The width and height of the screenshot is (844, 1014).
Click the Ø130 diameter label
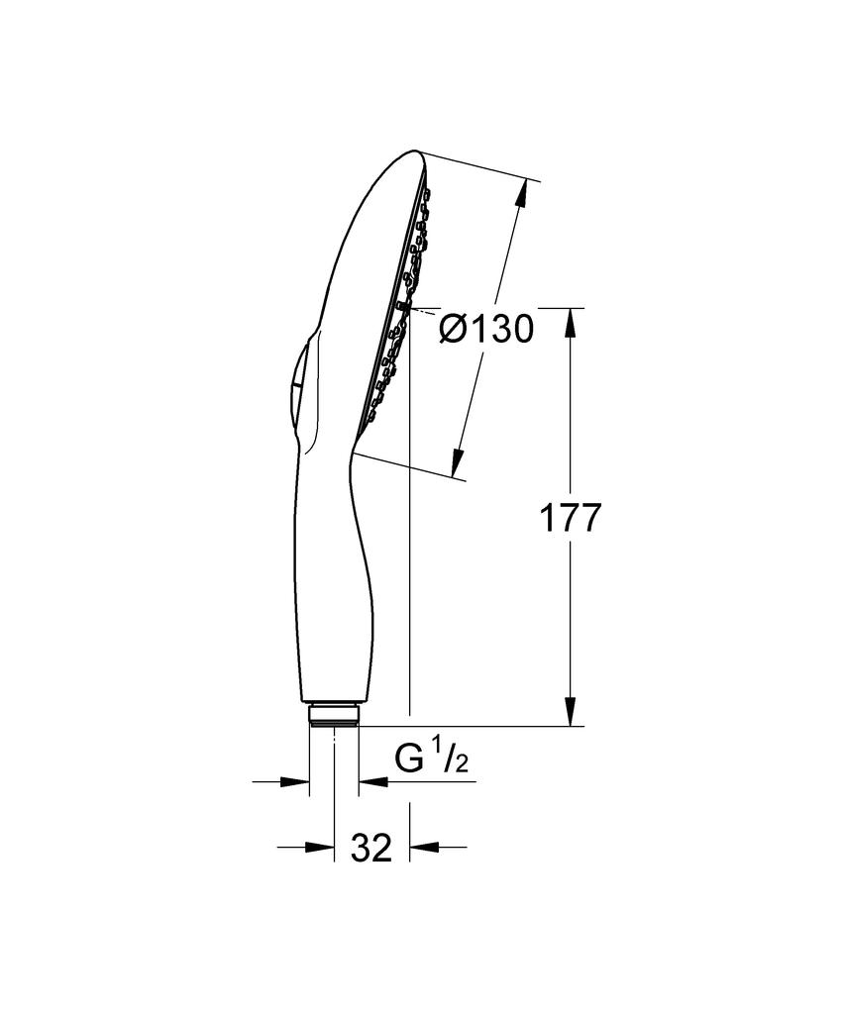point(486,329)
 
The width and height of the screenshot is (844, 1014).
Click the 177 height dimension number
point(570,519)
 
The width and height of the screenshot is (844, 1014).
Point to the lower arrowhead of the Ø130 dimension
point(458,461)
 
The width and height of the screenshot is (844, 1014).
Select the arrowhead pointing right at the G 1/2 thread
point(296,782)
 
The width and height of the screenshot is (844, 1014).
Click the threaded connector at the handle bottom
point(334,715)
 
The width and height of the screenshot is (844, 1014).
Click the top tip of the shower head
point(416,155)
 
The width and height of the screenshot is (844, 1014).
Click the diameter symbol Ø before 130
point(454,329)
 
